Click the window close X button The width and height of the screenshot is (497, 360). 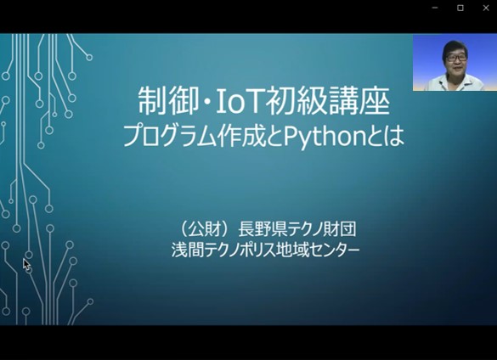486,8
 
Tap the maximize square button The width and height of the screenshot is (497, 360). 460,8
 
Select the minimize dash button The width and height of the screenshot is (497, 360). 435,8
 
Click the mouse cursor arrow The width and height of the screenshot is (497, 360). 26,265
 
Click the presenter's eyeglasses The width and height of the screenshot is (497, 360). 456,58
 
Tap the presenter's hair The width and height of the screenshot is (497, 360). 455,48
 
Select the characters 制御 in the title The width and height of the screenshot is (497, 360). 168,102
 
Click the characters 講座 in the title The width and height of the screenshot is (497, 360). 359,102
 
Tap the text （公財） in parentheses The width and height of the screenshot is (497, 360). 204,228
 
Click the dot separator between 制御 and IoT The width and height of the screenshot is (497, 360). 207,102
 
